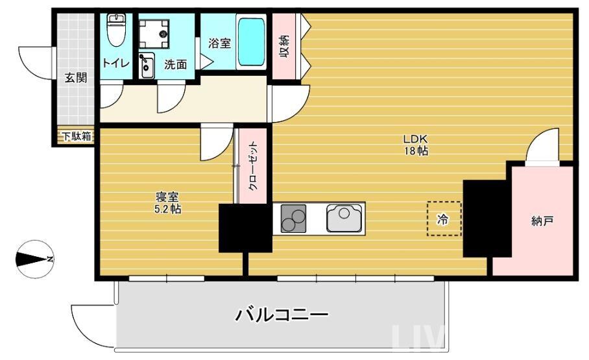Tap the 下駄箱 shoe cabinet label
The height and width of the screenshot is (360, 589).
point(77,136)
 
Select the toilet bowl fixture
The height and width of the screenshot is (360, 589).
point(115,31)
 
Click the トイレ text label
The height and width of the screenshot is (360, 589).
point(116,63)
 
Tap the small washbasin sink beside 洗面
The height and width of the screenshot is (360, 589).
point(147,64)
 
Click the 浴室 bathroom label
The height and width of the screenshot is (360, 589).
point(219,43)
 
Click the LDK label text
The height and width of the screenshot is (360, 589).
point(416,139)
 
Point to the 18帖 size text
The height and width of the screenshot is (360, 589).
point(416,151)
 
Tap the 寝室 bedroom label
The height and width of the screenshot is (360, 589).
point(167,197)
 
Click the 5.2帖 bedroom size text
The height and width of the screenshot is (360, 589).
point(167,210)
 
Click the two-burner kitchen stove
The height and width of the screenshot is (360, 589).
point(294,219)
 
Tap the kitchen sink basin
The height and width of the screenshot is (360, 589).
point(344,218)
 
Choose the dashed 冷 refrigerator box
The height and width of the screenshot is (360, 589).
point(444,219)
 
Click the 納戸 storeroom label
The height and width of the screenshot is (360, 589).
point(542,221)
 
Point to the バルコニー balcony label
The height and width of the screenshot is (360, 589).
point(281,315)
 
